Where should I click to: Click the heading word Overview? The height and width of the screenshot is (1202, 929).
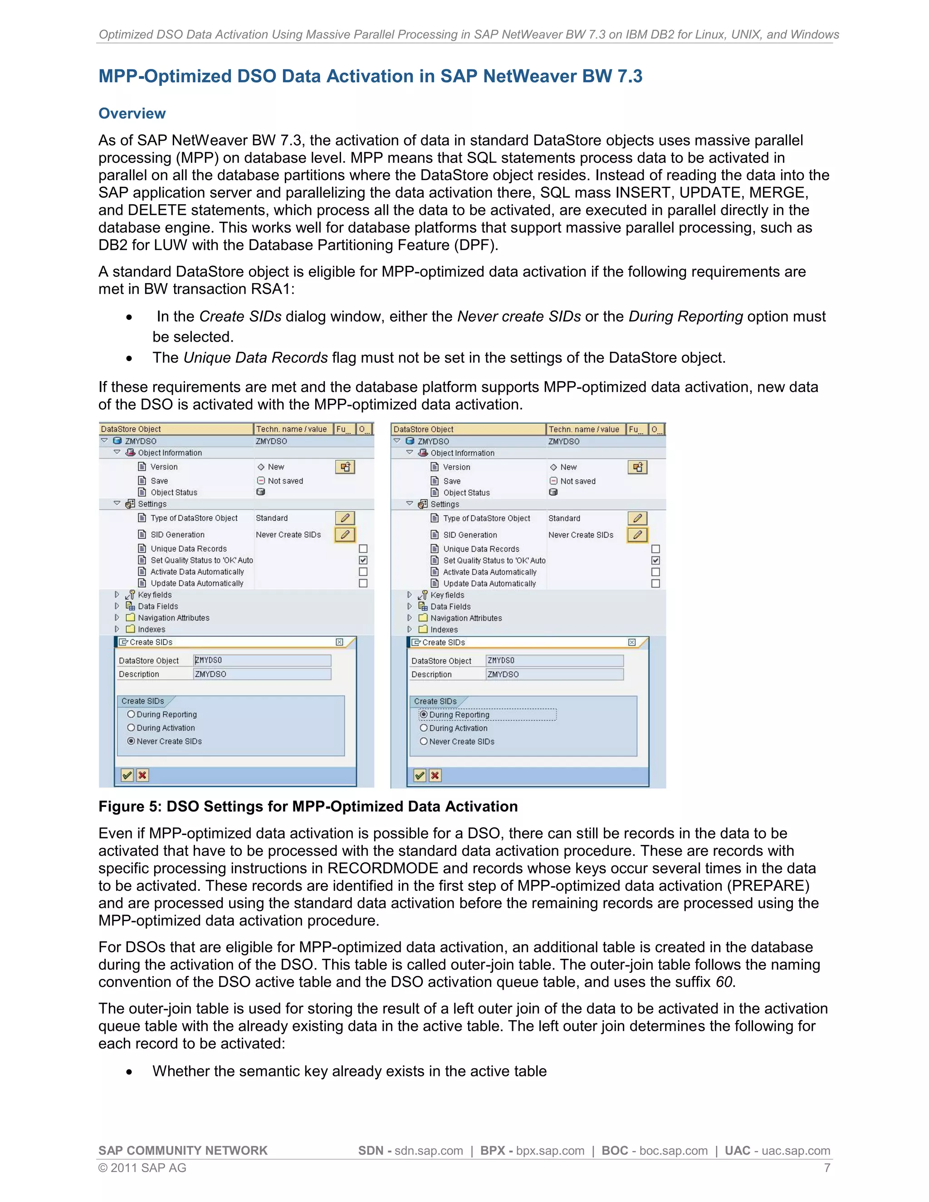point(132,113)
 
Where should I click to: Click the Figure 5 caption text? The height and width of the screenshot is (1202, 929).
point(308,806)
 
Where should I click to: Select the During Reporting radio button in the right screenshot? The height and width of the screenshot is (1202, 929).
point(423,714)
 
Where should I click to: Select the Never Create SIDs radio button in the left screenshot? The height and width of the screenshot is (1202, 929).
point(131,741)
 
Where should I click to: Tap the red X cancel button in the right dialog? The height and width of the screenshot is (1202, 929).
point(435,776)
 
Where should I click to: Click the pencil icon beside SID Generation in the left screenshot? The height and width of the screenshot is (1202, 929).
point(345,534)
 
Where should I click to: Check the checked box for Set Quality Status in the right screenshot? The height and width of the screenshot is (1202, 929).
point(655,560)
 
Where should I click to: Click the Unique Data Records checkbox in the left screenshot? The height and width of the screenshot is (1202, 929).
point(363,549)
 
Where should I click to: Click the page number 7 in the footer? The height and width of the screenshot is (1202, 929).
point(826,1168)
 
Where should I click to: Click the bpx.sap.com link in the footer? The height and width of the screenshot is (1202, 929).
point(550,1151)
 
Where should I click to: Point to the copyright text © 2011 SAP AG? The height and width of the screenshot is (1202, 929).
point(142,1168)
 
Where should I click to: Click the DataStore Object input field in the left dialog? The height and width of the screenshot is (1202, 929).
point(262,660)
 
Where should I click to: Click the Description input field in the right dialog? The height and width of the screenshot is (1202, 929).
point(554,674)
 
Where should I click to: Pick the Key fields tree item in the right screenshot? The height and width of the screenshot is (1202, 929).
point(447,595)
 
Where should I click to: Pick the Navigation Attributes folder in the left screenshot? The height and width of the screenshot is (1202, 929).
point(173,617)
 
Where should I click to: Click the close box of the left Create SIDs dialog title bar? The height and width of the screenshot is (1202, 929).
point(340,642)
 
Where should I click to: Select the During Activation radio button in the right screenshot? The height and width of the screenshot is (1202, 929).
point(423,728)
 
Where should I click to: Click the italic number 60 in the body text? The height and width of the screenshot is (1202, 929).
point(724,982)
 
